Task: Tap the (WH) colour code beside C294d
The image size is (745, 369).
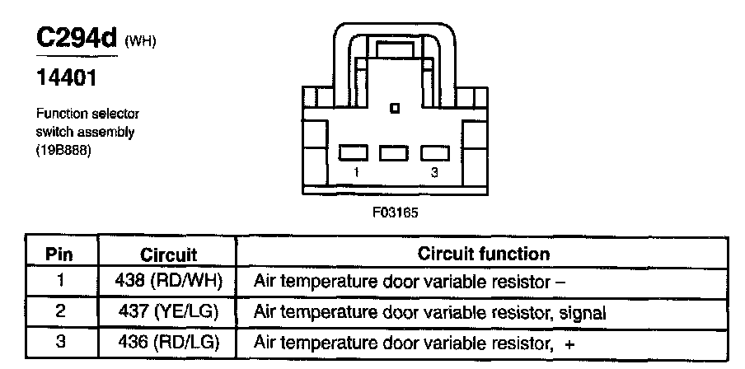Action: [x=140, y=42]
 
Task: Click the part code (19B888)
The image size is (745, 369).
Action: [x=63, y=151]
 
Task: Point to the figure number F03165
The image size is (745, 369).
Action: [x=396, y=212]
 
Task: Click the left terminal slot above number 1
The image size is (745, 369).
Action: [x=354, y=152]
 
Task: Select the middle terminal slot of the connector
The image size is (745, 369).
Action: [x=394, y=152]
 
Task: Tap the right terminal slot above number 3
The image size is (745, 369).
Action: [x=434, y=152]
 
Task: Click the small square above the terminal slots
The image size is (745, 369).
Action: [x=396, y=108]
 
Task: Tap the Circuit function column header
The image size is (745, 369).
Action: [x=484, y=254]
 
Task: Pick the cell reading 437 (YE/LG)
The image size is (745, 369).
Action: [x=169, y=312]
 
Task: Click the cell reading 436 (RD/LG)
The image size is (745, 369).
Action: [x=169, y=341]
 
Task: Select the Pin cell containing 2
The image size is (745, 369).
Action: [x=59, y=312]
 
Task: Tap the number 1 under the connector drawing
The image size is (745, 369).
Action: [x=355, y=172]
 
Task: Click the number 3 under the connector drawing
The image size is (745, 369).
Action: [x=433, y=172]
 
